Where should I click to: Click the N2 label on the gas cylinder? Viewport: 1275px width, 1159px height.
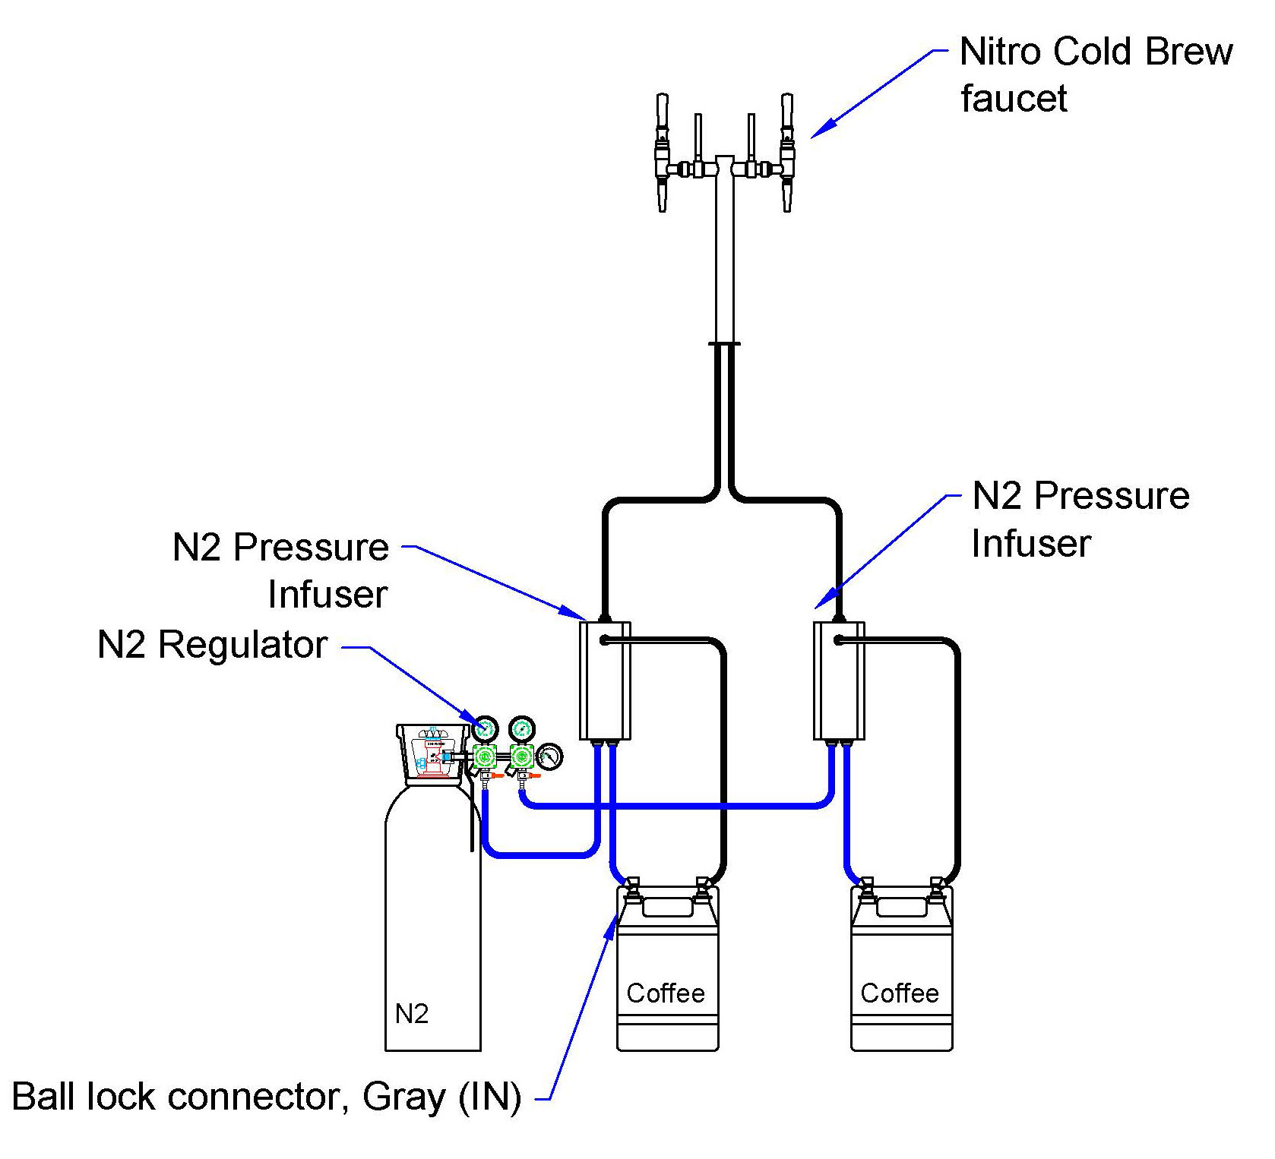[x=412, y=1013]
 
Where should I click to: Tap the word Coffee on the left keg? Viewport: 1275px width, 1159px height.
[x=666, y=993]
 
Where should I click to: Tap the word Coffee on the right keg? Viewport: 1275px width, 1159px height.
[x=900, y=993]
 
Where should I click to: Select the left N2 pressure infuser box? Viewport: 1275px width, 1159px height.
[x=605, y=681]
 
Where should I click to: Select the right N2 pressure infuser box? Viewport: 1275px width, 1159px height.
[x=839, y=681]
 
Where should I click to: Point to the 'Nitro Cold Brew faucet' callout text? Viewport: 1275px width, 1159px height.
[x=1096, y=74]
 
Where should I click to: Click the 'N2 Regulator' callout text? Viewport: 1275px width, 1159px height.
[x=213, y=645]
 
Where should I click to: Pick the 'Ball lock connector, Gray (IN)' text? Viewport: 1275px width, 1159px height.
[x=267, y=1097]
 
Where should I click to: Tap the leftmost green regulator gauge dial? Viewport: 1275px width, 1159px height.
[x=485, y=730]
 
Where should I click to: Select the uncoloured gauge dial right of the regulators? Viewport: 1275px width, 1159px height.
[x=549, y=757]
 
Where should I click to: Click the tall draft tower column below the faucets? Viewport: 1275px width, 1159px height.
[x=724, y=251]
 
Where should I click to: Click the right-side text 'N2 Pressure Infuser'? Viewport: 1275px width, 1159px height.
[x=1080, y=519]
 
